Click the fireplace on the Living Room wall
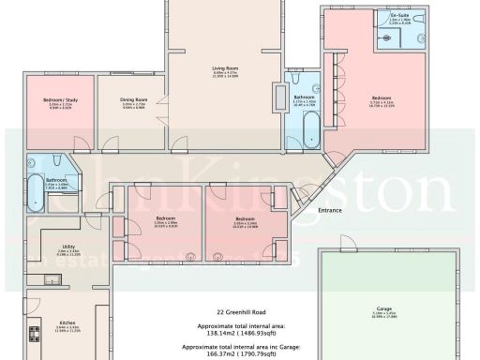[x=278, y=97]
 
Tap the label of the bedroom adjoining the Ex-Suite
[x=380, y=97]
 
